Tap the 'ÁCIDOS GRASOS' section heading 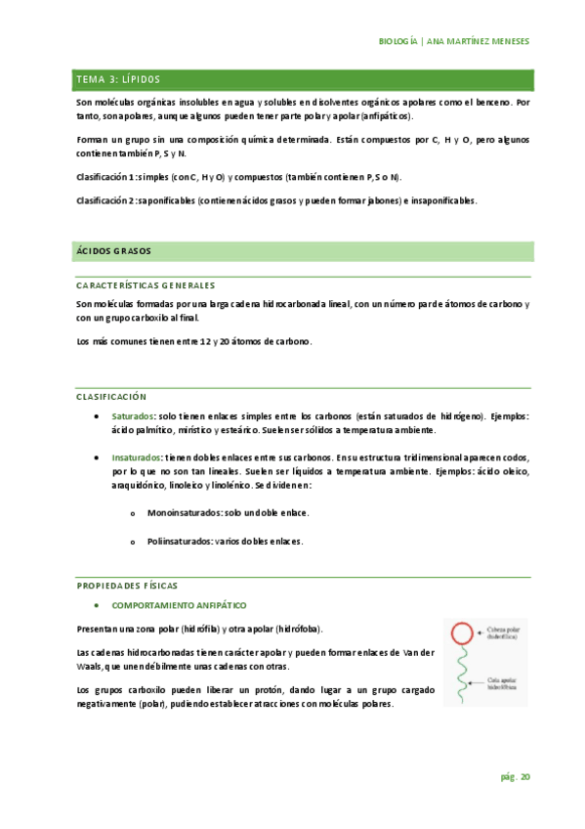[x=113, y=251]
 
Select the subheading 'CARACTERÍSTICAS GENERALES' [x=145, y=285]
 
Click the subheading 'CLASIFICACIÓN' [x=110, y=397]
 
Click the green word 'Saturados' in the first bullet [x=134, y=416]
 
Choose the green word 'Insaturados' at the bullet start [x=137, y=458]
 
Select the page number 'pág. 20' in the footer [x=516, y=777]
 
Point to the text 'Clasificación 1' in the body [x=105, y=177]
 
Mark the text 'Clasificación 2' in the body [x=105, y=200]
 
